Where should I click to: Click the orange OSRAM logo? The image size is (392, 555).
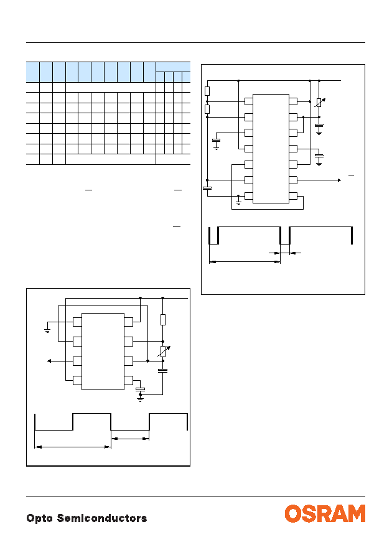pyautogui.click(x=325, y=513)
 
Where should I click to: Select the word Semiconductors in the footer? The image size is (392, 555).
pyautogui.click(x=102, y=518)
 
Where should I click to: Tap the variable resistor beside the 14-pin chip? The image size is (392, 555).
pyautogui.click(x=319, y=102)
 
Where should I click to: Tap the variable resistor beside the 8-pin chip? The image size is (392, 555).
pyautogui.click(x=163, y=351)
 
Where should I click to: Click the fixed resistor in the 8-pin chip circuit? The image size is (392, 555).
pyautogui.click(x=163, y=319)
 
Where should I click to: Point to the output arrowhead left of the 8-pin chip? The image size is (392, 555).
pyautogui.click(x=49, y=361)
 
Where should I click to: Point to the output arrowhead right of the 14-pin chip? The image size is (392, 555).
pyautogui.click(x=339, y=180)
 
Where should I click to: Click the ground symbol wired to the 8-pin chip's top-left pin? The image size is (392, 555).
pyautogui.click(x=47, y=331)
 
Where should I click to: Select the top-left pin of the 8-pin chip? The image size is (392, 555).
pyautogui.click(x=77, y=322)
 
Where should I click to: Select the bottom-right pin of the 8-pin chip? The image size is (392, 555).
pyautogui.click(x=129, y=381)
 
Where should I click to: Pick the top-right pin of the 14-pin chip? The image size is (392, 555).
pyautogui.click(x=293, y=101)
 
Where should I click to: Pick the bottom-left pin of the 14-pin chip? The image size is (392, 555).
pyautogui.click(x=249, y=196)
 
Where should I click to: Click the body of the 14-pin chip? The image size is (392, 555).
pyautogui.click(x=271, y=149)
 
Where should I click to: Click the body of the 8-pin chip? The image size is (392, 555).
pyautogui.click(x=103, y=352)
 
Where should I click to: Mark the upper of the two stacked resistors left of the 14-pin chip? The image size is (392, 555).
pyautogui.click(x=207, y=91)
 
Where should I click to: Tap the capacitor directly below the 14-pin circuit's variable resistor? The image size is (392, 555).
pyautogui.click(x=319, y=125)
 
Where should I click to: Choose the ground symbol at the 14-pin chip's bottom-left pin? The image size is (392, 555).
pyautogui.click(x=238, y=202)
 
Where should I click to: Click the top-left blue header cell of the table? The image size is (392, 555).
pyautogui.click(x=32, y=72)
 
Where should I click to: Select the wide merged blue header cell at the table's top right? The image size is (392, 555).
pyautogui.click(x=173, y=67)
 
